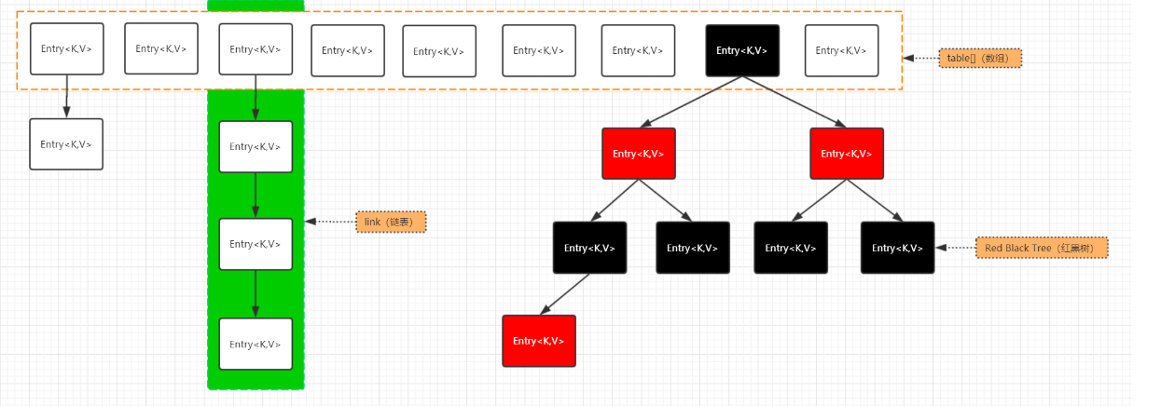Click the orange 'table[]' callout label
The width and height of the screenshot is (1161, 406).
[x=980, y=58]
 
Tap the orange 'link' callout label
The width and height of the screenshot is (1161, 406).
[x=391, y=223]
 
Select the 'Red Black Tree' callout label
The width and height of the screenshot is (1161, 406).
[x=1042, y=248]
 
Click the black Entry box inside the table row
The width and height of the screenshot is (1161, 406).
[x=742, y=50]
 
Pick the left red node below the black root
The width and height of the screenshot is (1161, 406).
[x=639, y=154]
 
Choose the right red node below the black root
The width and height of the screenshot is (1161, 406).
[x=847, y=154]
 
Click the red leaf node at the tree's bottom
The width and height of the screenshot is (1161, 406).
[x=539, y=341]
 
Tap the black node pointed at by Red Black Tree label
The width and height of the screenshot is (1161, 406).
[x=898, y=248]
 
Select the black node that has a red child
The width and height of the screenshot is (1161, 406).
[x=590, y=248]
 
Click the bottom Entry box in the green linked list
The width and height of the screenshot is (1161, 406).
[x=256, y=344]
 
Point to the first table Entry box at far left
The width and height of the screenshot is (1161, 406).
[x=67, y=48]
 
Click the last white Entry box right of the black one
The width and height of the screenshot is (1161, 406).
[x=842, y=50]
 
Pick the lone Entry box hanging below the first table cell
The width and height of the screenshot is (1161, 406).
[x=66, y=144]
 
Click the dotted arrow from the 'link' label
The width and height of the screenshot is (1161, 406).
[x=331, y=222]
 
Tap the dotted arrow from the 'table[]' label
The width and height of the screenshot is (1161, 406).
[x=921, y=58]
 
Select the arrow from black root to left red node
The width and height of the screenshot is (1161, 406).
[x=691, y=101]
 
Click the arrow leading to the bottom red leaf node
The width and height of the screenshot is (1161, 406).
[x=565, y=294]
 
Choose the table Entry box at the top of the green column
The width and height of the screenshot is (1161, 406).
[x=256, y=49]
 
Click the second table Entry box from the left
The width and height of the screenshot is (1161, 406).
[x=161, y=48]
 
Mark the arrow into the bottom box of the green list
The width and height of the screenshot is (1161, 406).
[x=256, y=293]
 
